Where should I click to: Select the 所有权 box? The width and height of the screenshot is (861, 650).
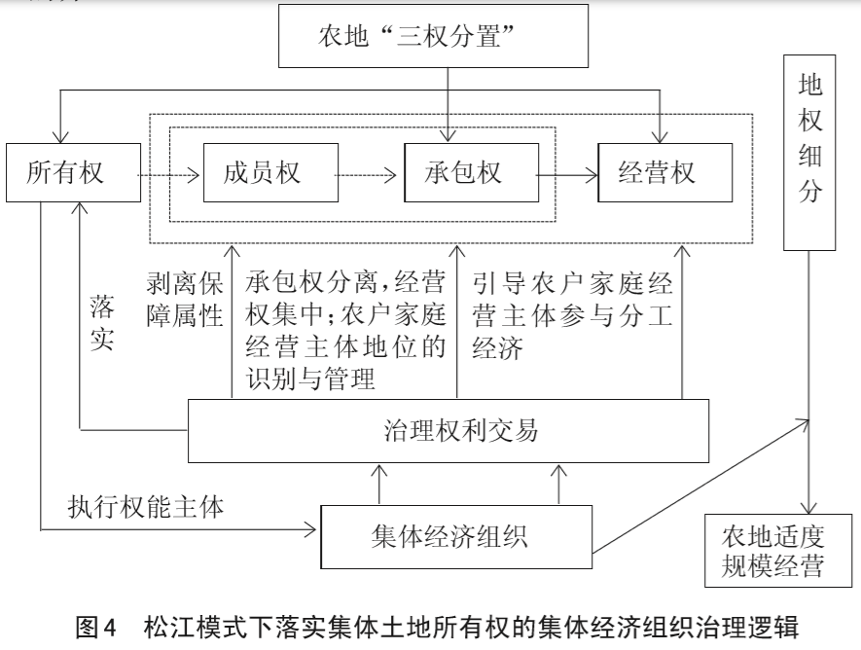(67, 173)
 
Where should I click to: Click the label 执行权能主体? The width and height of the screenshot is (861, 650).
(146, 506)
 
